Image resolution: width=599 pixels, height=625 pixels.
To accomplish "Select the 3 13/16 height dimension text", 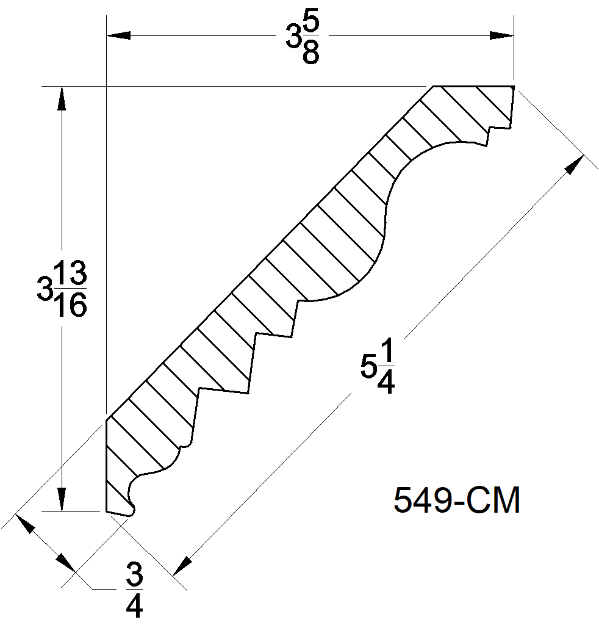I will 62,289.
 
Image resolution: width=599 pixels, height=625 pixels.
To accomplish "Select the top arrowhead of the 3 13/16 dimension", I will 61,98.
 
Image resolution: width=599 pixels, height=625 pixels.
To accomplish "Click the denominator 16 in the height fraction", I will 72,306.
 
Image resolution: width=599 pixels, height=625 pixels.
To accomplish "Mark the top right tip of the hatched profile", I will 514,87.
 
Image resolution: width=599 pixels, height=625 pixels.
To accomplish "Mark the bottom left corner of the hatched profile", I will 107,511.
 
